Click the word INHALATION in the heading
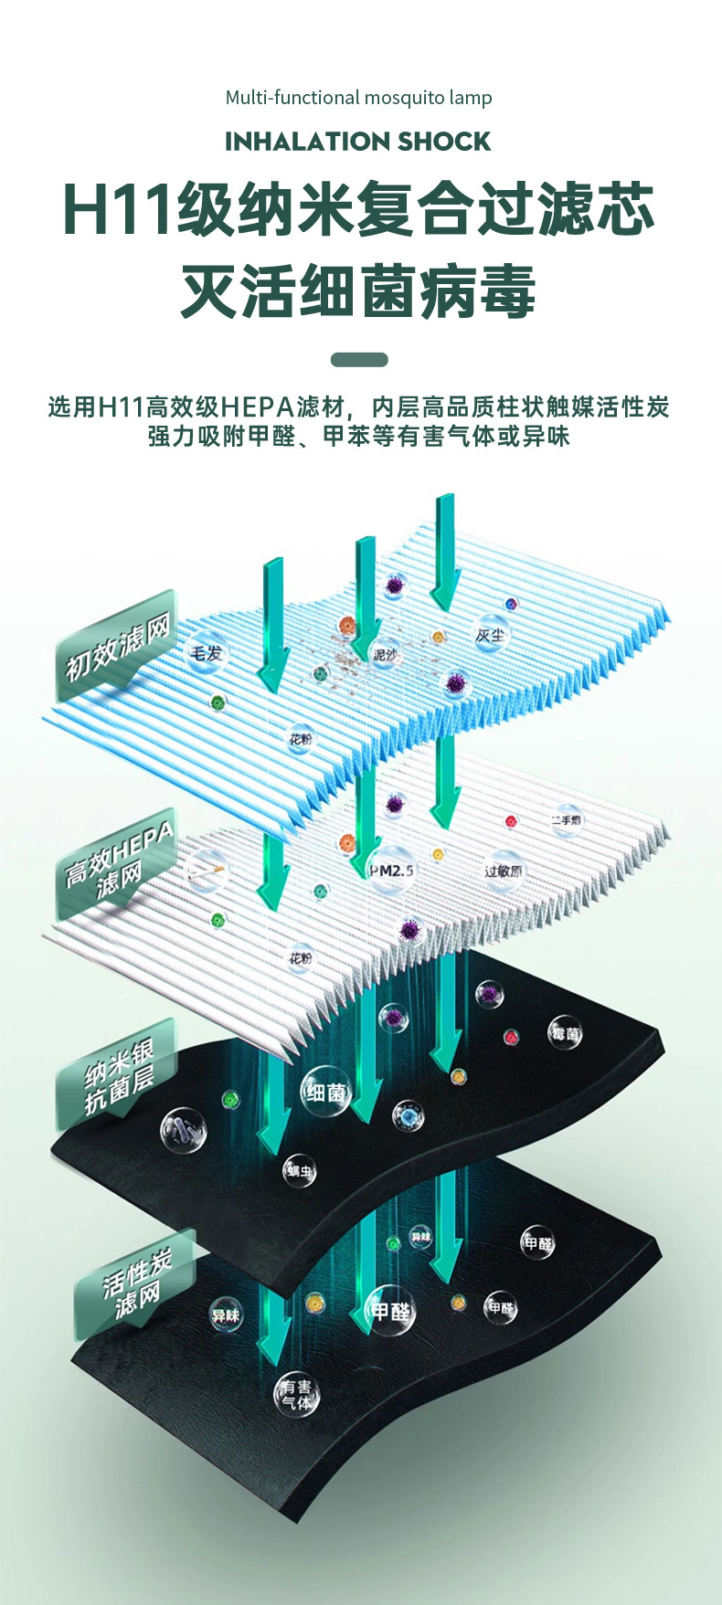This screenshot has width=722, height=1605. pyautogui.click(x=293, y=142)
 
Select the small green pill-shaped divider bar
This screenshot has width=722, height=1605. pyautogui.click(x=359, y=360)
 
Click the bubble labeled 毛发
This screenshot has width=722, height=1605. pyautogui.click(x=206, y=653)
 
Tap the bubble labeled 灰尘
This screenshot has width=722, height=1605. pyautogui.click(x=491, y=635)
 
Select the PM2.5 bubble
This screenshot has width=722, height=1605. pyautogui.click(x=391, y=871)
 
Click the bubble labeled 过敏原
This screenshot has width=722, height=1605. pyautogui.click(x=504, y=871)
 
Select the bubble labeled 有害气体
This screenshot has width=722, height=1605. pyautogui.click(x=297, y=1394)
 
